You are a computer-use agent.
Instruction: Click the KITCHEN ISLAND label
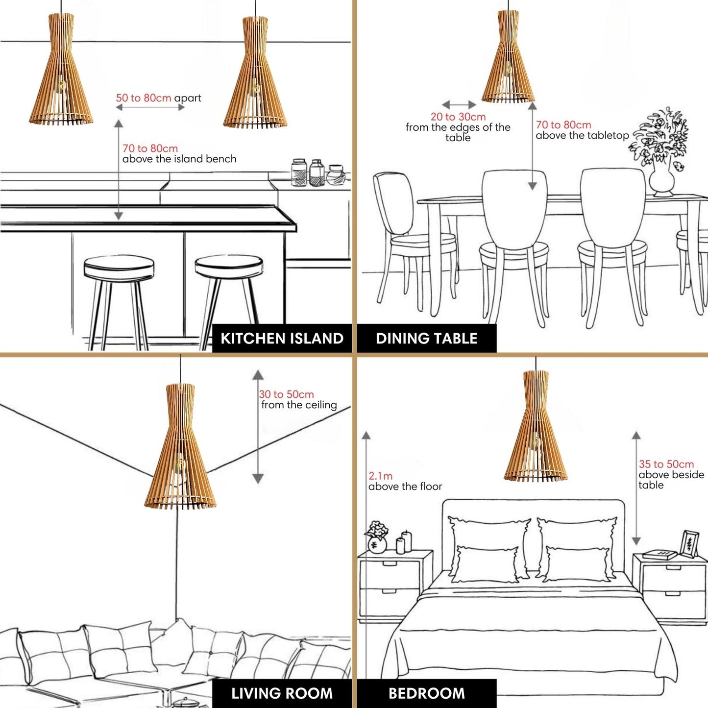[282, 338]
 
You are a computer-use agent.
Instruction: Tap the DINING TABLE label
[427, 338]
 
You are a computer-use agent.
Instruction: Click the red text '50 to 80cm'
[144, 98]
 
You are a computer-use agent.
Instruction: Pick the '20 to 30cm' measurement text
[458, 117]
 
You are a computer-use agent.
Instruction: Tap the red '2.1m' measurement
[380, 476]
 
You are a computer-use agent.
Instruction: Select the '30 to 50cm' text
[286, 394]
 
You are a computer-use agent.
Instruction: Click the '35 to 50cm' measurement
[666, 464]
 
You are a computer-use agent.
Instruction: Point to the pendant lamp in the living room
[180, 446]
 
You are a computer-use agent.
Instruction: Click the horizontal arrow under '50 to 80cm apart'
[150, 107]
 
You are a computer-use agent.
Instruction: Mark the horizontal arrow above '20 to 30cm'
[459, 105]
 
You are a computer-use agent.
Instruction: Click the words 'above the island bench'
[179, 159]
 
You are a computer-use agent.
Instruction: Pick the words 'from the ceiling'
[299, 405]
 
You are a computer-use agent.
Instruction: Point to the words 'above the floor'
[405, 487]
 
